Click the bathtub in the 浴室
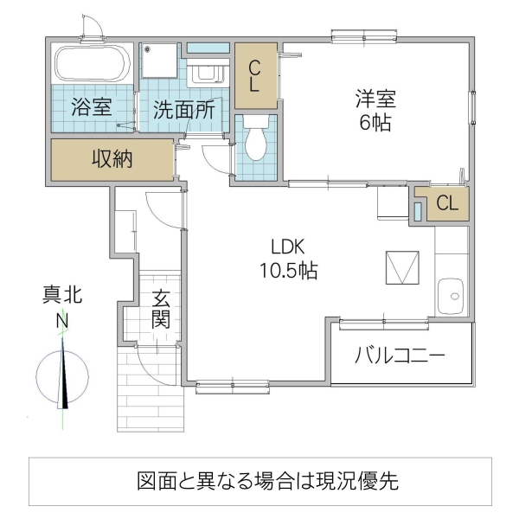92,63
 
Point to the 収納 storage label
112,159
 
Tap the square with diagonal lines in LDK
401,268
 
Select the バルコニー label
400,356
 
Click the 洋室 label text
375,99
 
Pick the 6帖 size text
375,122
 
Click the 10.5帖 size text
289,271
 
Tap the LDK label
289,246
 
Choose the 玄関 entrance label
161,309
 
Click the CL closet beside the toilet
255,76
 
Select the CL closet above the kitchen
447,204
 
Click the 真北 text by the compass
62,297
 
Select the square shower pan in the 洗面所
161,61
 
